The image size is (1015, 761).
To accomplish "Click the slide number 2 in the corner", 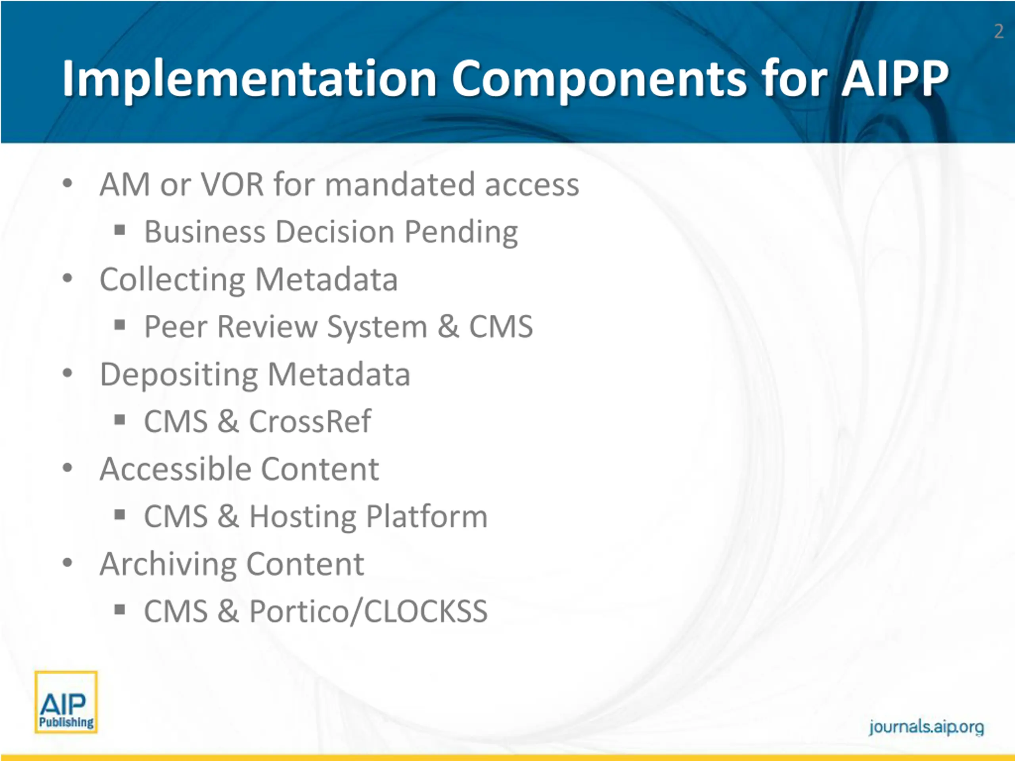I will pyautogui.click(x=998, y=32).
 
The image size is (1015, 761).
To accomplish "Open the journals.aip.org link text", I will pyautogui.click(x=926, y=727).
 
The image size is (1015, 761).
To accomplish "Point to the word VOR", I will pyautogui.click(x=233, y=184).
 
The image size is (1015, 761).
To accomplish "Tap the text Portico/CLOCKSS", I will pyautogui.click(x=368, y=612).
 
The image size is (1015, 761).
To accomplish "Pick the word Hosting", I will pyautogui.click(x=303, y=517).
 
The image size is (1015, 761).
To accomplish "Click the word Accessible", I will pyautogui.click(x=175, y=469).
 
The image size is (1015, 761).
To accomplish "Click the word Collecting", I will pyautogui.click(x=172, y=280).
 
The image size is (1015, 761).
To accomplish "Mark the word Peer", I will pyautogui.click(x=176, y=327).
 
